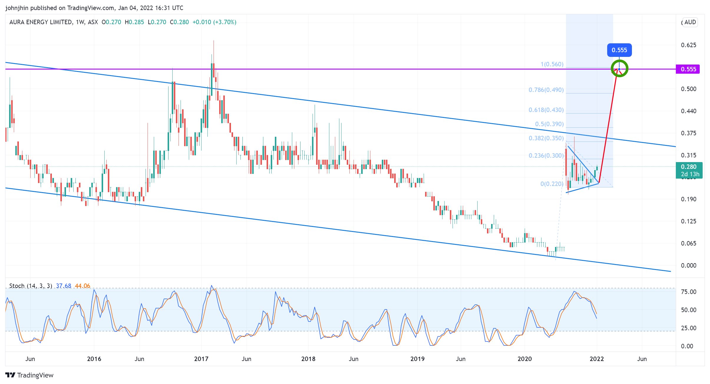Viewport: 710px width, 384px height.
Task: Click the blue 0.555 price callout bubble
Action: point(619,50)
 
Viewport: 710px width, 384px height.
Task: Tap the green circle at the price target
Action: point(619,68)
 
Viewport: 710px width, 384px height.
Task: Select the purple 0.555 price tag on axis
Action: point(688,69)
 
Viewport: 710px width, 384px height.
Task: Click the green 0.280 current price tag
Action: point(689,170)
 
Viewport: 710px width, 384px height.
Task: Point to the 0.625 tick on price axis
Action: point(688,45)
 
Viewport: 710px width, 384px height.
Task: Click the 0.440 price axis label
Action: point(688,111)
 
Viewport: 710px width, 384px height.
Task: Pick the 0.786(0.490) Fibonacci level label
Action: point(546,90)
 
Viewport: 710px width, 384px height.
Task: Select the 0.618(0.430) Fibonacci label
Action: point(546,110)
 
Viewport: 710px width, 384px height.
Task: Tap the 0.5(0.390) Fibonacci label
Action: point(549,124)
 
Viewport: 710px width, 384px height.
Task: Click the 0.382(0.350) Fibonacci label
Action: point(546,138)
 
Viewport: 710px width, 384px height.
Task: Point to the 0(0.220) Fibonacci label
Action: point(552,184)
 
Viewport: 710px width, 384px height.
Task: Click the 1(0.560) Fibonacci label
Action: point(552,64)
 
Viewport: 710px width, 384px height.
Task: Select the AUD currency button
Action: point(690,22)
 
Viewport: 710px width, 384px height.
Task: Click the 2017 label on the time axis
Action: point(201,359)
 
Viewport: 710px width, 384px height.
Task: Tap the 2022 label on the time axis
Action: point(597,359)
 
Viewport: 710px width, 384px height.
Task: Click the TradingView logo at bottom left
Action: point(29,375)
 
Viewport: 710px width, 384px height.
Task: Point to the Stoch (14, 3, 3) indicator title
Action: point(31,286)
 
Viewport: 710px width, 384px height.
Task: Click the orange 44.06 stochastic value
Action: point(82,286)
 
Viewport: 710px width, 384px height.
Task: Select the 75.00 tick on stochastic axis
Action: point(688,292)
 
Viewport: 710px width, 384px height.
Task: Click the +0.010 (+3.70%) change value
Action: point(214,22)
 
